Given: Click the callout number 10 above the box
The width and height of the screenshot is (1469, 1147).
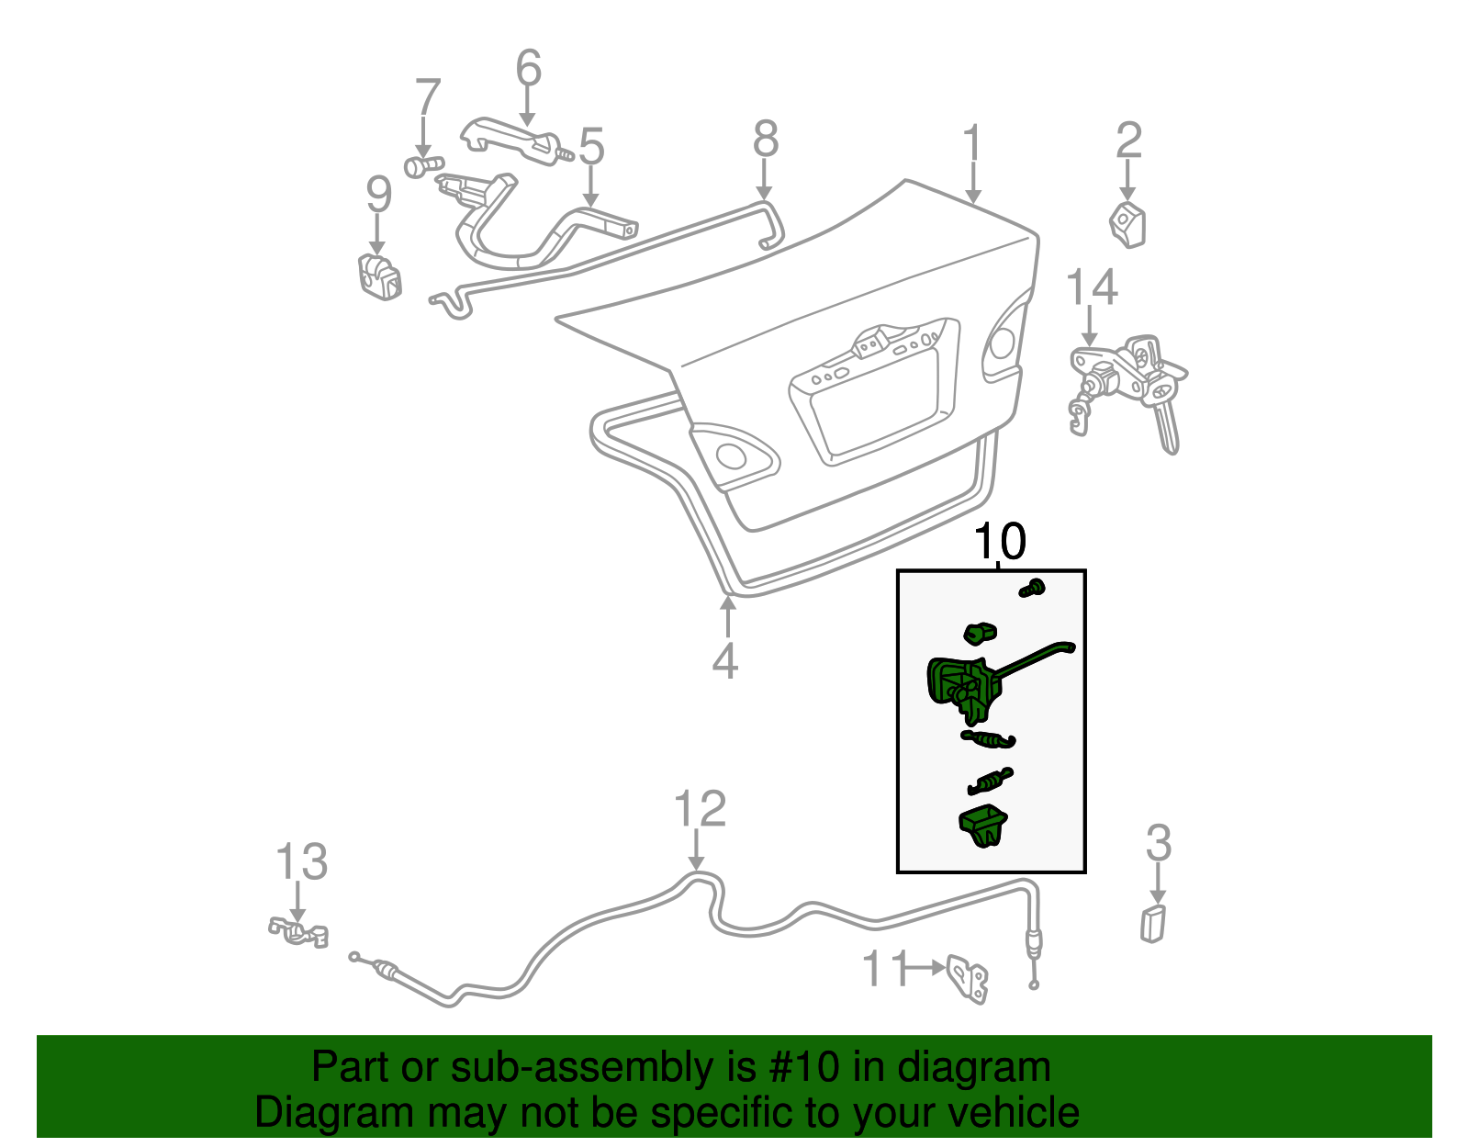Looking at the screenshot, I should pos(999,543).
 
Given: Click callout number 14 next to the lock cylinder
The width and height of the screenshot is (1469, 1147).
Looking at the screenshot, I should pos(1092,288).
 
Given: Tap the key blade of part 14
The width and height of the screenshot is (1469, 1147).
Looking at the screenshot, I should pos(1167,428).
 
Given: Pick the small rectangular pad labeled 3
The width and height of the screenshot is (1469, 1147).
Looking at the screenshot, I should pos(1153,922).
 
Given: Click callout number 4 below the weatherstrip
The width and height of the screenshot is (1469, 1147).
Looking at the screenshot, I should pos(725,661).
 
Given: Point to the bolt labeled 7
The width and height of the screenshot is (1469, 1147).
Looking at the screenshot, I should pos(418,167).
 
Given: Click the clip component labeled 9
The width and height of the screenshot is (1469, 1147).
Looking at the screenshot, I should pos(378,276).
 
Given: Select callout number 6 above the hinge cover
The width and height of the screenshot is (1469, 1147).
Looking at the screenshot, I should pos(529,69).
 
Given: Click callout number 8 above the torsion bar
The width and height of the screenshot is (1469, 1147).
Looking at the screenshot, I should pos(766,140).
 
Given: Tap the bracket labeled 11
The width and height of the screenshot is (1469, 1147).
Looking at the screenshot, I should pos(969,980).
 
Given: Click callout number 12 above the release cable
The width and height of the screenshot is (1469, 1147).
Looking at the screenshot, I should pos(700,810).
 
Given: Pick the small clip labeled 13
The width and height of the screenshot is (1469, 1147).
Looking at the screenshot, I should pos(298,931).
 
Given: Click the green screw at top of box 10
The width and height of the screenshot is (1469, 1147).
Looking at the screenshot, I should pos(1034,588).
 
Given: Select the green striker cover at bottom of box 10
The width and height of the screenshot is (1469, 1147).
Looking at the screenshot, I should pos(983,824).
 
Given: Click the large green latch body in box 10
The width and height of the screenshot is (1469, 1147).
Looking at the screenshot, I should pos(959,687).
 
